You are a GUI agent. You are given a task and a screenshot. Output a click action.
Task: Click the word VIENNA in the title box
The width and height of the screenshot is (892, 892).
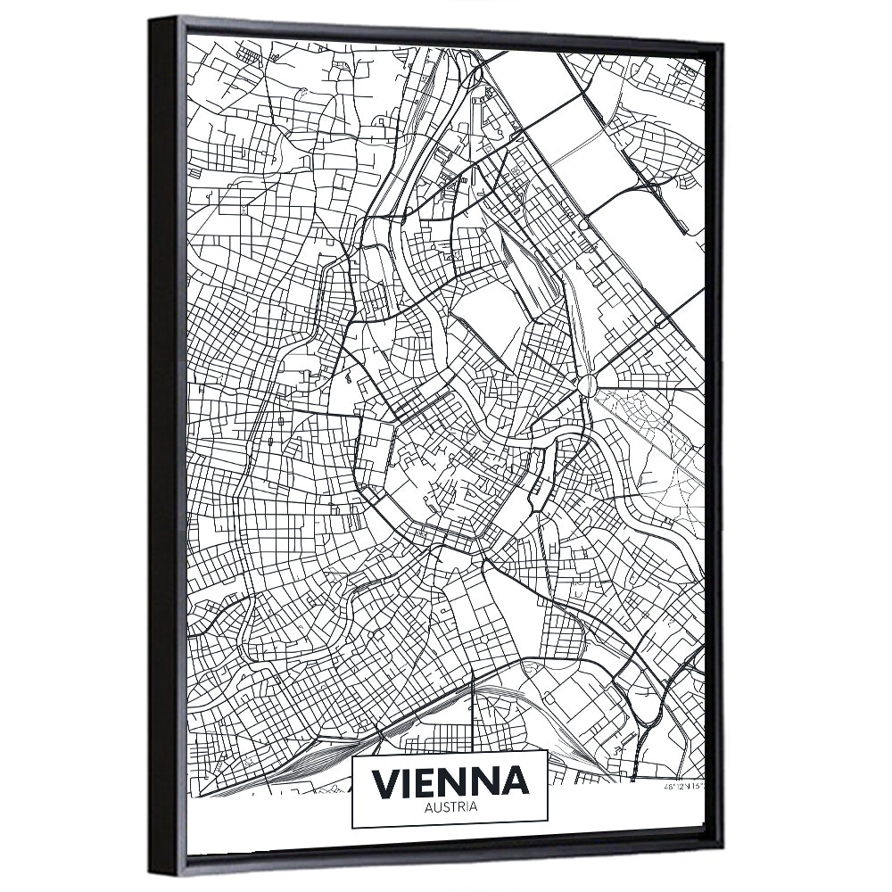(x=450, y=781)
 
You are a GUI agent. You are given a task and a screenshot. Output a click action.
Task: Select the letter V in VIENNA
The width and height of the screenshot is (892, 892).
(x=385, y=782)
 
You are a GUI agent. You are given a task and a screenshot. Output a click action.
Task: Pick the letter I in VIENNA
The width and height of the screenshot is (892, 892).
(x=408, y=782)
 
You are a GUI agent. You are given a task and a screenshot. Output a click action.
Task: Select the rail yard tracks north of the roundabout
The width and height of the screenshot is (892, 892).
(x=526, y=268)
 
